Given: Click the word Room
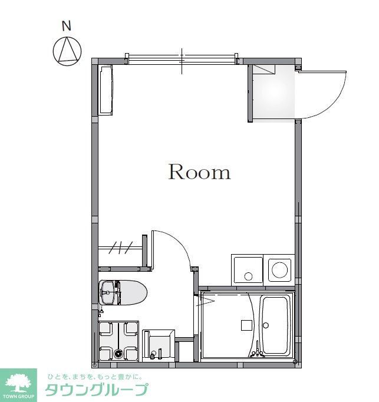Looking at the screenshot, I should [199, 172].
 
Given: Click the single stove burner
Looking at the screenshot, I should [280, 271].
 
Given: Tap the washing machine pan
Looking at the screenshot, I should [118, 340].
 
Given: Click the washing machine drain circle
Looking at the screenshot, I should [118, 354].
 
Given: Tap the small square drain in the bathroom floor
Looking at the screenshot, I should [245, 324].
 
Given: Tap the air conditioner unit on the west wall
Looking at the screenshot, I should [106, 90].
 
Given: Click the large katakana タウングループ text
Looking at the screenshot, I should [97, 390].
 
